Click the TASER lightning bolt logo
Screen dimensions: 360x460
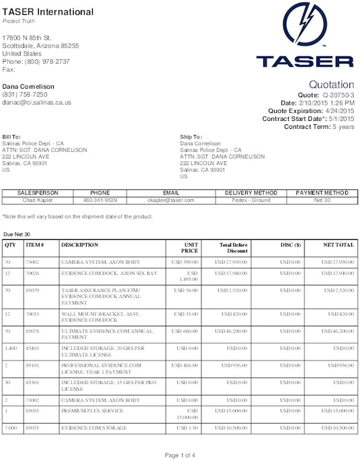coord(306,25)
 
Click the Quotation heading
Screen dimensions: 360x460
coord(331,85)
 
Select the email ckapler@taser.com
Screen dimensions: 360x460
coord(171,200)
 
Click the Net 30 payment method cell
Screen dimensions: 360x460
coord(321,200)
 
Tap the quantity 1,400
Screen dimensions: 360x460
coord(11,349)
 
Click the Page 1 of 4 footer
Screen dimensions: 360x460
coord(179,455)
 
